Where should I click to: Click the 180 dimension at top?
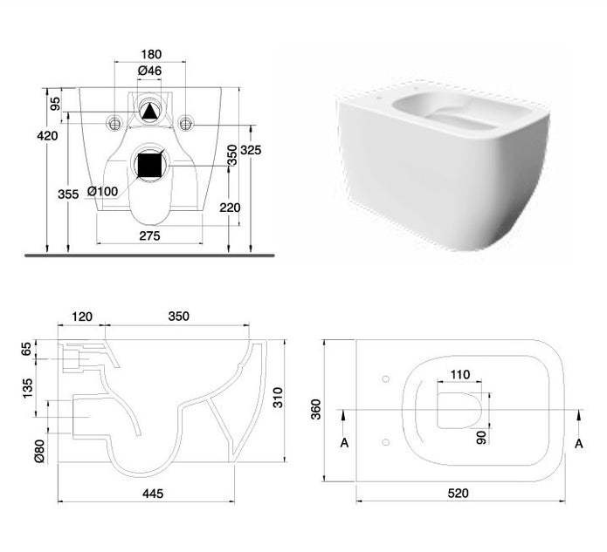point(151,54)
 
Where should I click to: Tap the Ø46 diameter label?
point(149,71)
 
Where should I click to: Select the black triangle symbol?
point(149,112)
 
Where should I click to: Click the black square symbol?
point(150,165)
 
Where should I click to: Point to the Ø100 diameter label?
point(102,191)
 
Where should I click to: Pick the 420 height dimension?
point(47,136)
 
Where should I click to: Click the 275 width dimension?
point(149,235)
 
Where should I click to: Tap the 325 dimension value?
point(251,150)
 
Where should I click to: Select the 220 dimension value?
point(230,208)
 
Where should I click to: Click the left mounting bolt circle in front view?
point(114,123)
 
